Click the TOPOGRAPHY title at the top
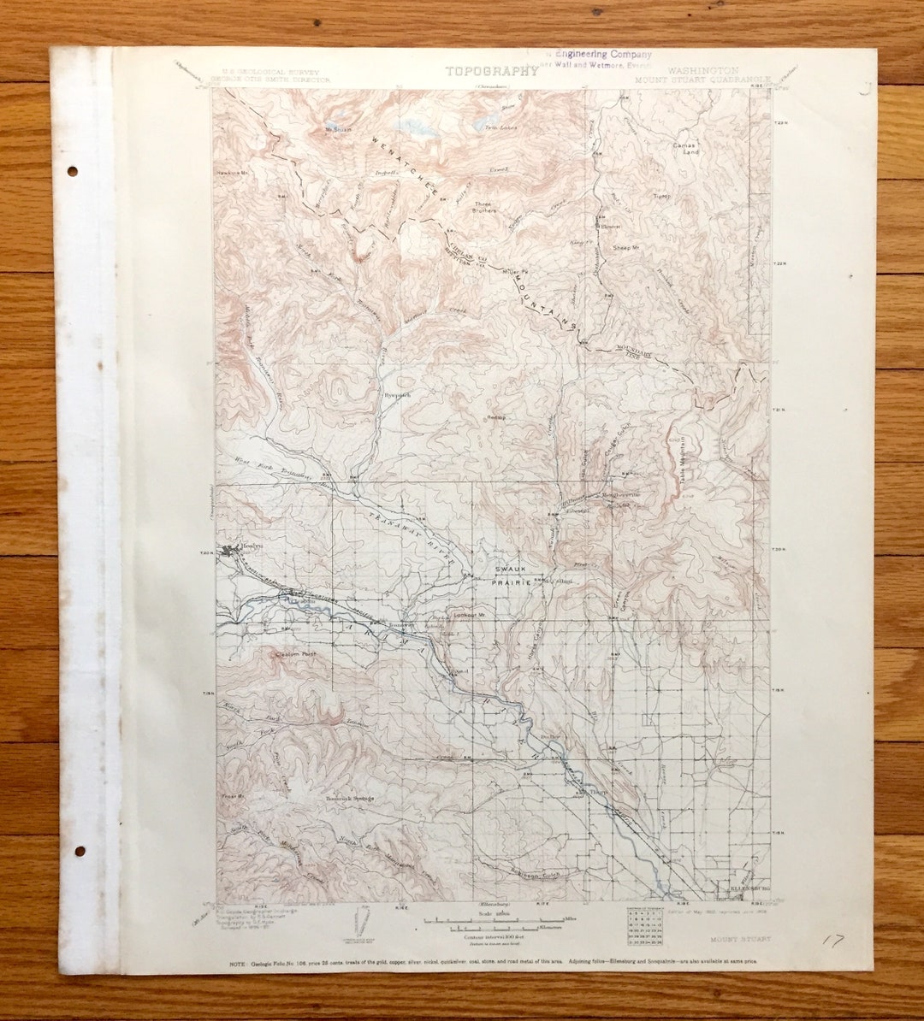tap(491, 71)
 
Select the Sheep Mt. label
tap(626, 248)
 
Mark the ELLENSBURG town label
tap(749, 889)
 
